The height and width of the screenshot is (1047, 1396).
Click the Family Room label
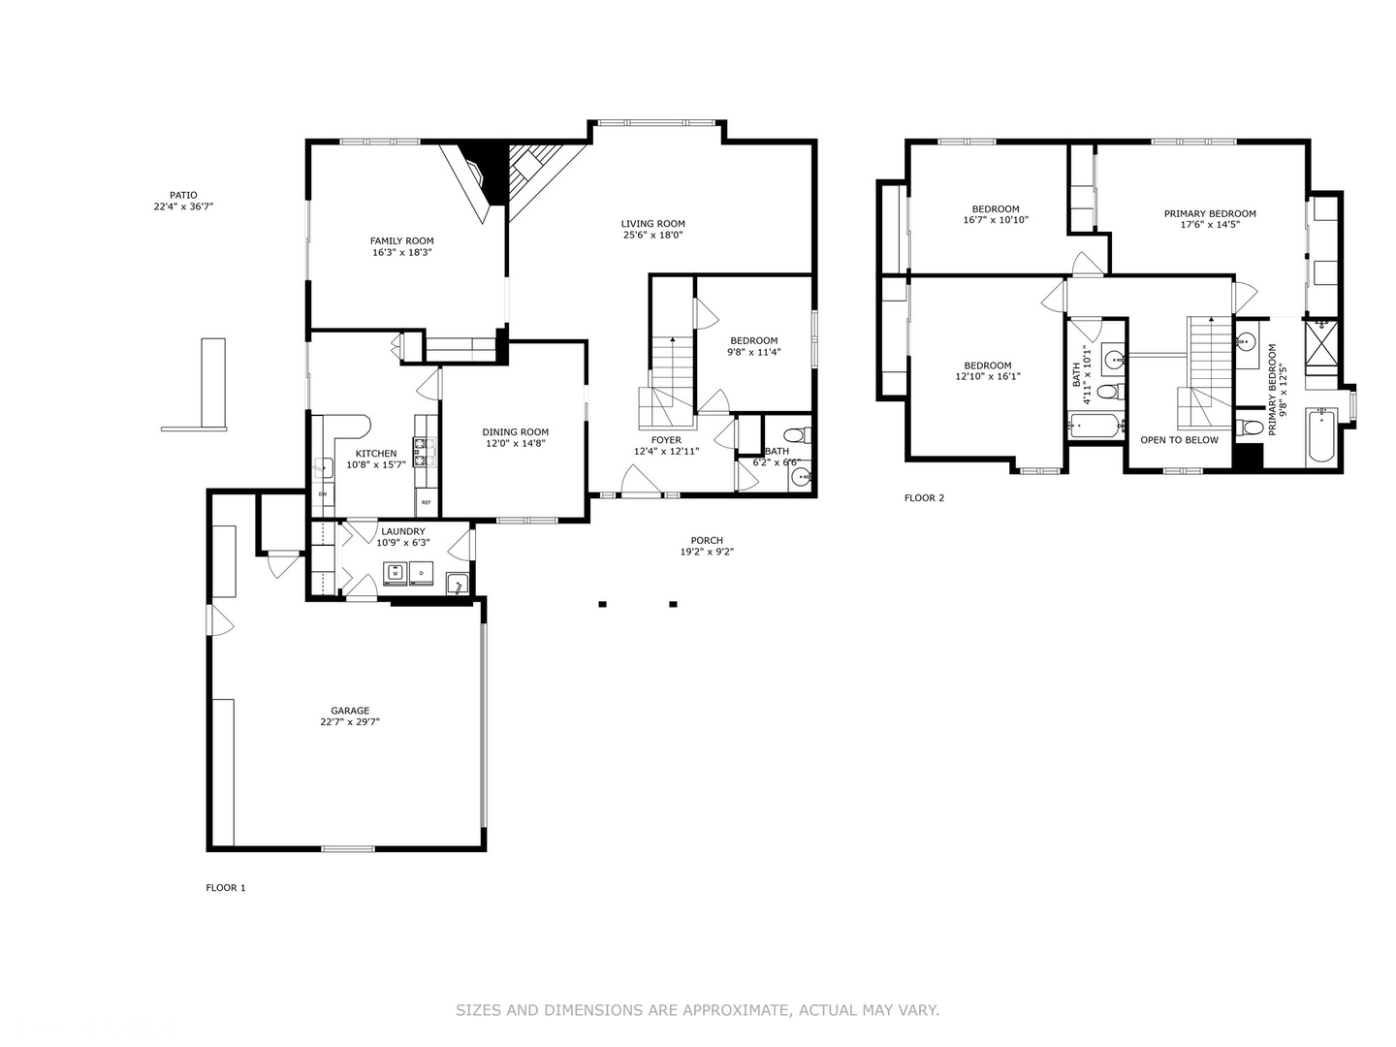coord(401,241)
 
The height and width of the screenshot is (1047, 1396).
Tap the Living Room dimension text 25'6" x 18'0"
coord(652,235)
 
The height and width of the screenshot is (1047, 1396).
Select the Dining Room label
coord(515,432)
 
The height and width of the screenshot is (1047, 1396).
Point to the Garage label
coord(349,711)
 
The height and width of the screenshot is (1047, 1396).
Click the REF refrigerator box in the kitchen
coord(426,502)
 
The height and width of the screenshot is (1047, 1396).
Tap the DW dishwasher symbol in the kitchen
coord(322,493)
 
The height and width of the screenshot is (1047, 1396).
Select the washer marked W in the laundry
coord(396,574)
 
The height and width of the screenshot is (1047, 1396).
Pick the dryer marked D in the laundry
coord(422,574)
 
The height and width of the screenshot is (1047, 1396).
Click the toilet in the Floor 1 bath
coord(795,433)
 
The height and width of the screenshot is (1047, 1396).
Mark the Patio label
coord(182,195)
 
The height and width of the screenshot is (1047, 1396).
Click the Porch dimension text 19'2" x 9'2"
coord(707,553)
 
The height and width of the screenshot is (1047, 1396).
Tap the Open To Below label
coord(1179,440)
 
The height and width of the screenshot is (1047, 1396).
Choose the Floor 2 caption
coord(924,498)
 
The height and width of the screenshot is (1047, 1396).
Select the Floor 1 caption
coord(226,888)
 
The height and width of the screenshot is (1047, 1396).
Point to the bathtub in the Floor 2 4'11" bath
coord(1095,425)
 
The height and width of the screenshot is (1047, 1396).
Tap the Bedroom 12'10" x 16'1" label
coord(988,365)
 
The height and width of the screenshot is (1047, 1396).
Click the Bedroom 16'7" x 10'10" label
coord(996,208)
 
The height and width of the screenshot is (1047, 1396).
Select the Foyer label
coord(666,440)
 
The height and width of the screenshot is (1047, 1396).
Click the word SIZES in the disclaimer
coord(478,1010)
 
